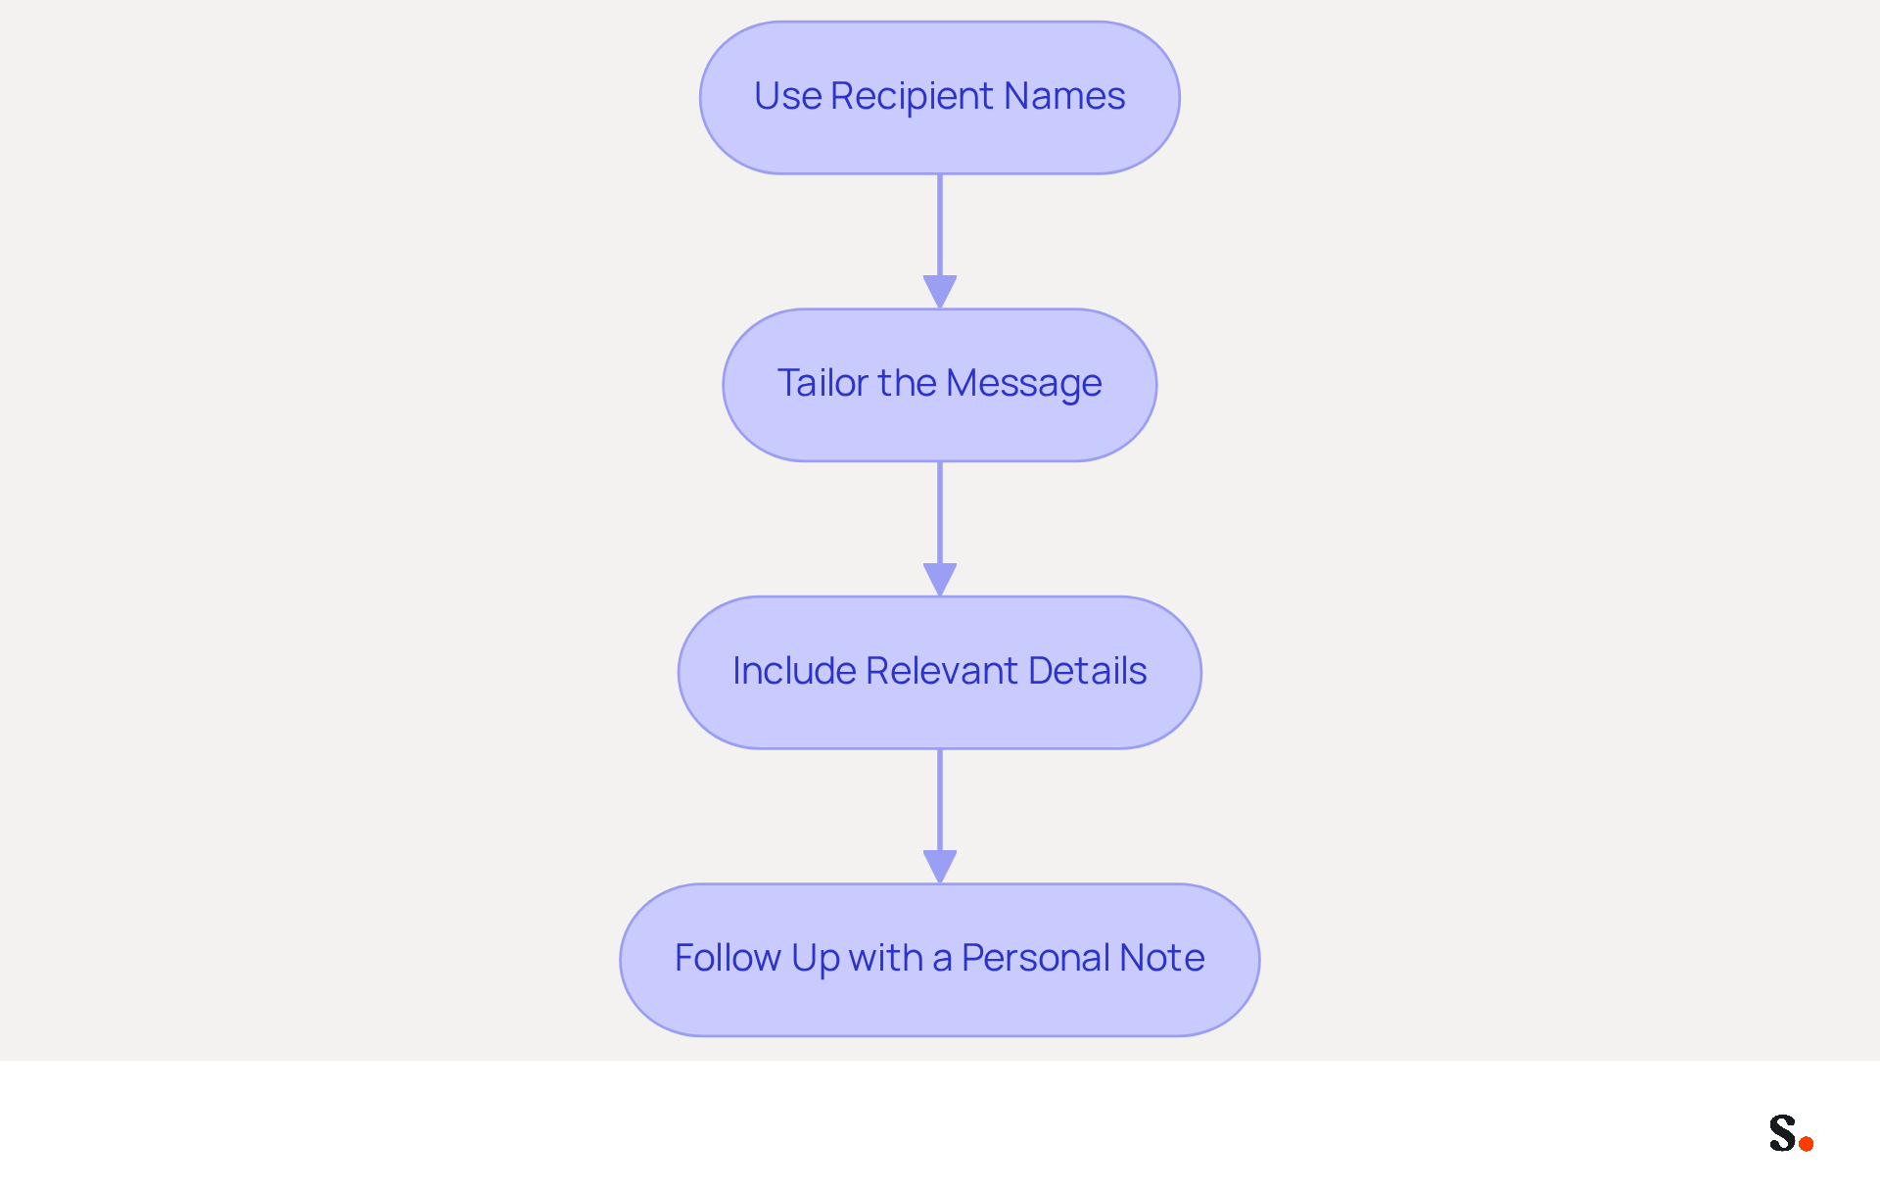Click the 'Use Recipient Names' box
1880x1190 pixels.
click(940, 98)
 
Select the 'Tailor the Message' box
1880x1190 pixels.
click(940, 385)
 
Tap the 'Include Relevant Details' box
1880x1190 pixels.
click(940, 673)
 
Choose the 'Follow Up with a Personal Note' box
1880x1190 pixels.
click(940, 960)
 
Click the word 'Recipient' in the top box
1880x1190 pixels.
click(912, 97)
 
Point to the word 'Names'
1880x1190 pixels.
click(1064, 96)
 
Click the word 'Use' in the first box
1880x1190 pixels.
click(788, 96)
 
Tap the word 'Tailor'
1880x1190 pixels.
click(822, 383)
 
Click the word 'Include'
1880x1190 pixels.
click(794, 671)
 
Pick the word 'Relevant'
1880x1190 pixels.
click(942, 671)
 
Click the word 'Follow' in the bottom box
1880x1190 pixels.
click(728, 958)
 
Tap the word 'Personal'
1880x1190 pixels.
click(1035, 958)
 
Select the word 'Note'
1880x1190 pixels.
click(1162, 958)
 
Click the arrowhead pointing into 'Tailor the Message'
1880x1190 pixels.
click(940, 292)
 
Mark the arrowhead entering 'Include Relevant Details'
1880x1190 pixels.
click(940, 580)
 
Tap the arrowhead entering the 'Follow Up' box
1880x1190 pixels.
click(940, 867)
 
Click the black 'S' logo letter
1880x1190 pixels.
click(1783, 1132)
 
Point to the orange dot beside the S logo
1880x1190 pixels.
click(1807, 1143)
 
